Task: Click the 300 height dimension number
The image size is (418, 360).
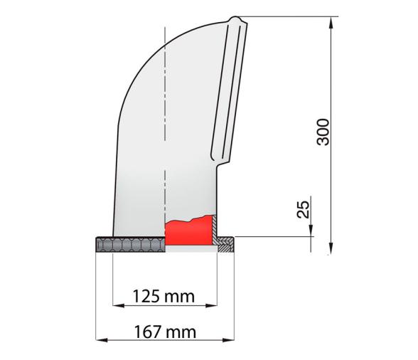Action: (323, 131)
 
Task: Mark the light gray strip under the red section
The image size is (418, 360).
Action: (190, 249)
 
